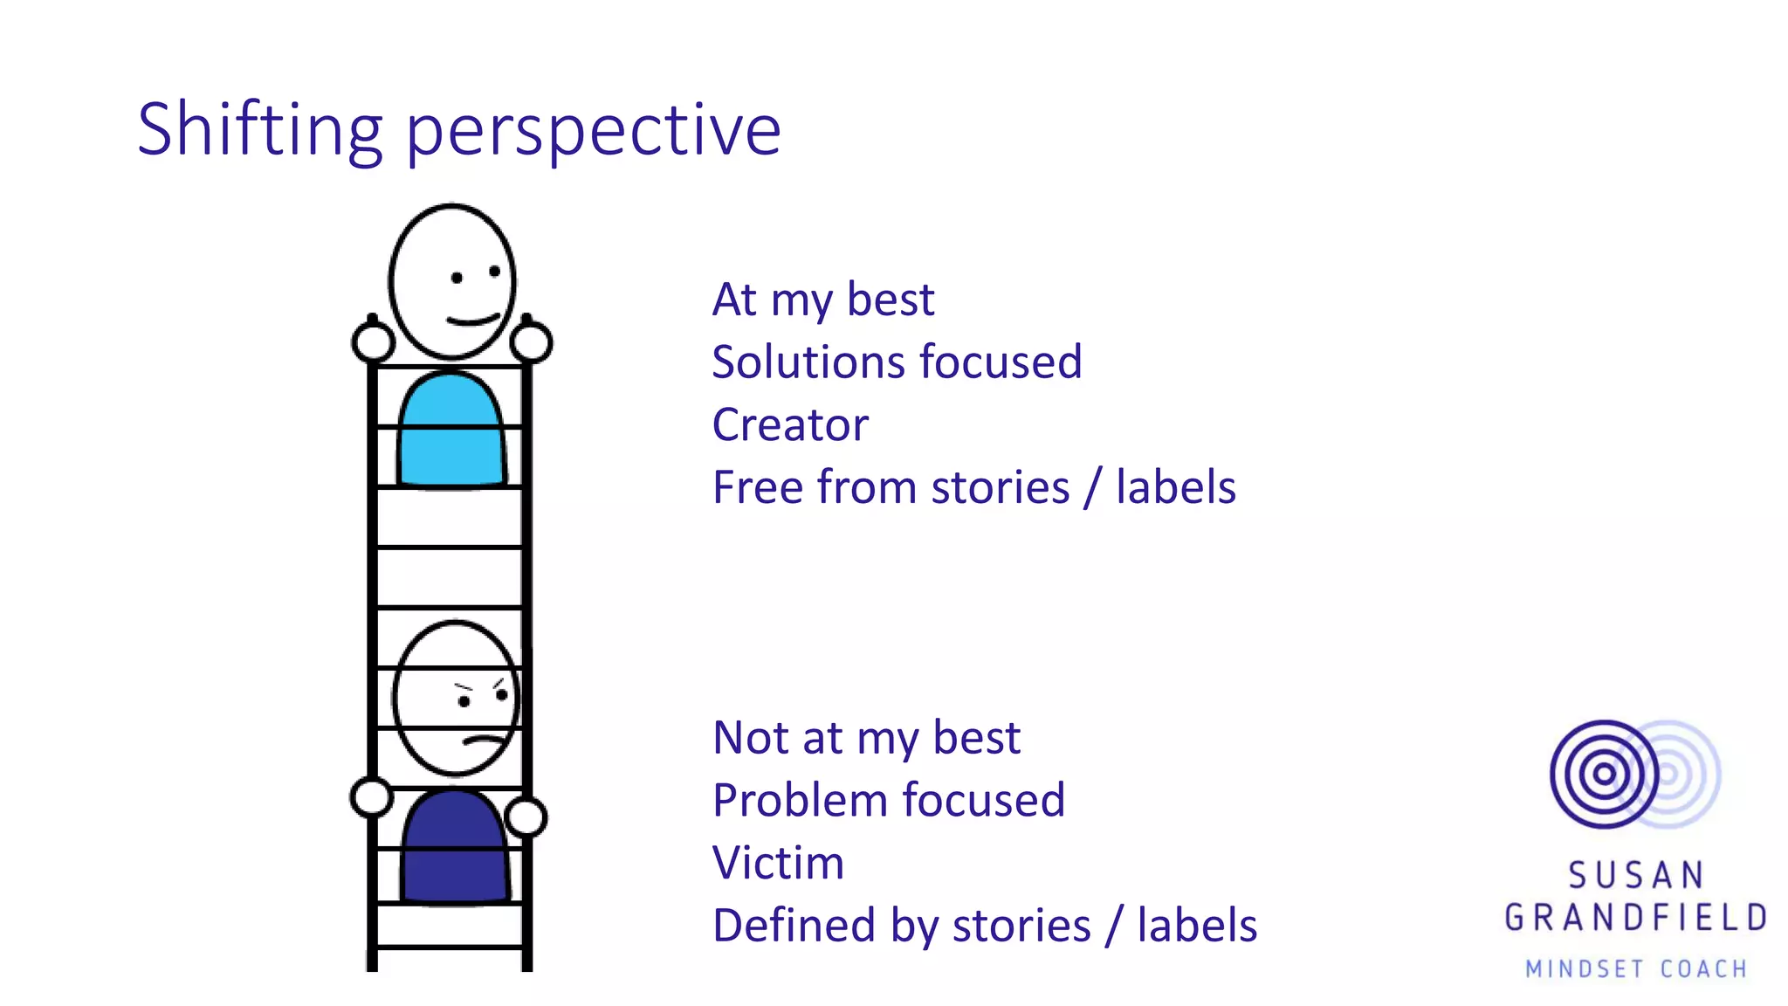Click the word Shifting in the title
click(260, 131)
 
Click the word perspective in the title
click(594, 131)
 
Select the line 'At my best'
click(822, 300)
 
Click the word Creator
click(790, 425)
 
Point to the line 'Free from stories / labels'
click(973, 487)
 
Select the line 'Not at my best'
click(866, 738)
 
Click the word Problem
click(799, 801)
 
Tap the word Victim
click(778, 863)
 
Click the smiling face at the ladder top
click(452, 282)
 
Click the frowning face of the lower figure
click(456, 699)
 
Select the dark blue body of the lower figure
click(454, 847)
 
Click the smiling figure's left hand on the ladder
click(373, 342)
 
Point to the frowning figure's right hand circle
click(526, 817)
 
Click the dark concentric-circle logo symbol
click(1604, 774)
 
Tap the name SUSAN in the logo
click(1635, 875)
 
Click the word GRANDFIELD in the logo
click(1635, 918)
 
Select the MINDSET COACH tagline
click(1635, 968)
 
